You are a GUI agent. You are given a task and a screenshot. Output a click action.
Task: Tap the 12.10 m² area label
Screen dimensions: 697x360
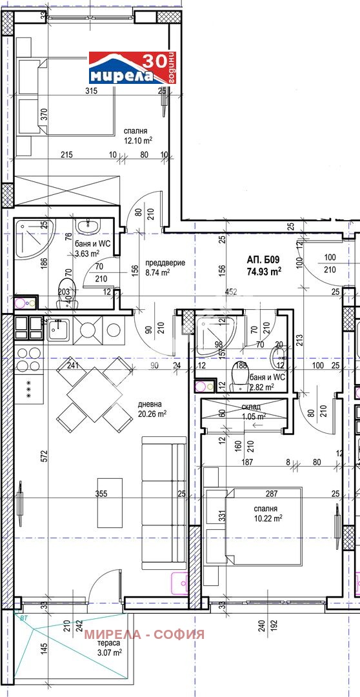coord(138,139)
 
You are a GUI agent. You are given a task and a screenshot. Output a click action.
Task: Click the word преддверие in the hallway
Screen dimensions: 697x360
coord(165,263)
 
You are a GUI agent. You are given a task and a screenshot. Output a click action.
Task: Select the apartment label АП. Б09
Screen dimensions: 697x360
coord(263,260)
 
